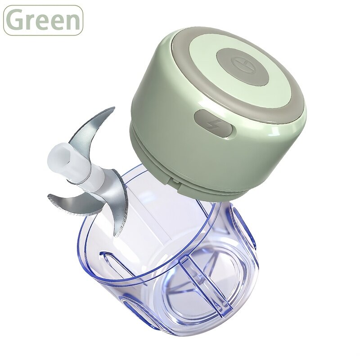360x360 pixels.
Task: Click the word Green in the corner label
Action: pos(43,20)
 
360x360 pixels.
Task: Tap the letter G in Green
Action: pos(15,20)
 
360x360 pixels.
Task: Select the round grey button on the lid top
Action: pos(243,67)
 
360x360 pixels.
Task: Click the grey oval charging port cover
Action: pos(213,125)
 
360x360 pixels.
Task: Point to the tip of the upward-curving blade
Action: pos(114,107)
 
